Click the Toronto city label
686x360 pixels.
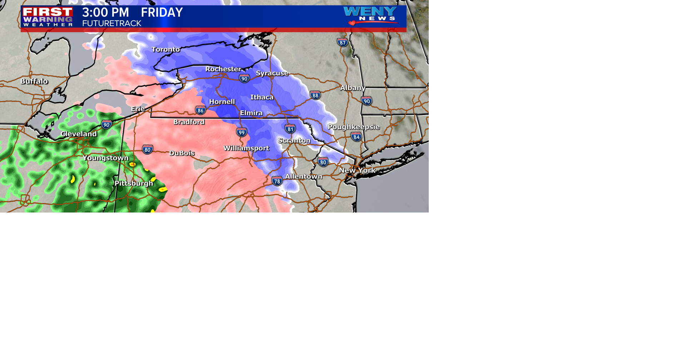(165, 49)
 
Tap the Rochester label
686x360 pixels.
(223, 69)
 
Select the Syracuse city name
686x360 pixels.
(272, 73)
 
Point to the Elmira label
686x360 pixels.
(251, 113)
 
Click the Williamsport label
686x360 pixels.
(246, 148)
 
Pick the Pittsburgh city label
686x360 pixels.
(134, 183)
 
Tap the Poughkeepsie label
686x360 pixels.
(353, 127)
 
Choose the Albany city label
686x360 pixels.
(353, 87)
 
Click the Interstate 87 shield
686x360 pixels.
(343, 42)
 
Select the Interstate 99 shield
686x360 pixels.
(242, 132)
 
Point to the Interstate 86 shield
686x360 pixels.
(200, 110)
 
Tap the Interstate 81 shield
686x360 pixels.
(290, 129)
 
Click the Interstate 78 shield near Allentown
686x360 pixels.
(277, 181)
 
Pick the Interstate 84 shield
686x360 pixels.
(356, 137)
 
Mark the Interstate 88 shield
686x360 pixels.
(315, 95)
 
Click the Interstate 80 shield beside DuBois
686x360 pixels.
(148, 150)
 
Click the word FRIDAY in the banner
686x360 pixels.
(162, 12)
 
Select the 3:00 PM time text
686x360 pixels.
(105, 12)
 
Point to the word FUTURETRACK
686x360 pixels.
(111, 24)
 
